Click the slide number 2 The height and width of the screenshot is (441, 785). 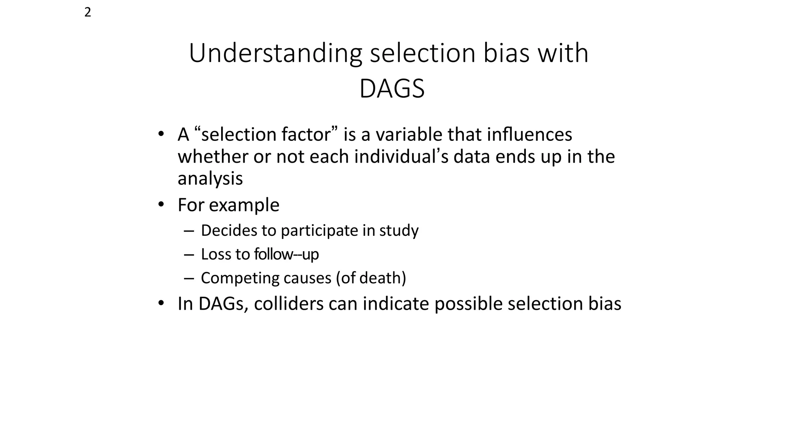point(87,13)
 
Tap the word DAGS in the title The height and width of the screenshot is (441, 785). point(392,89)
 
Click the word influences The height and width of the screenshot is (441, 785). point(529,134)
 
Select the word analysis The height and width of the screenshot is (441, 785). point(210,179)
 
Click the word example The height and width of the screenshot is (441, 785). point(244,205)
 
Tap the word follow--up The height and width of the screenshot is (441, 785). point(286,254)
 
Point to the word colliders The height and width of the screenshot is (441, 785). point(289,304)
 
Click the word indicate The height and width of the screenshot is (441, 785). point(396,304)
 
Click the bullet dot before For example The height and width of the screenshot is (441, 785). point(161,204)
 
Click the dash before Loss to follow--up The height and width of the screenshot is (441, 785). point(189,255)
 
